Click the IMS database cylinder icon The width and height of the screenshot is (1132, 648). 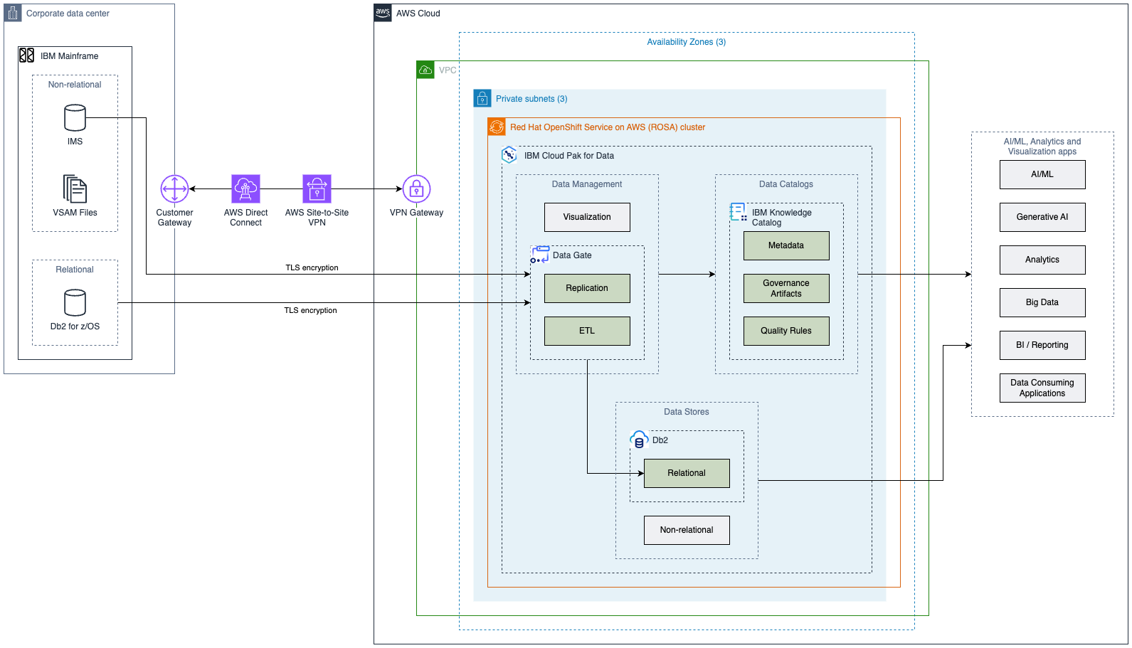(75, 118)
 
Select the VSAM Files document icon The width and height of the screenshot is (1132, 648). (75, 189)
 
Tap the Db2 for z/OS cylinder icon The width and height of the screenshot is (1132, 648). (75, 303)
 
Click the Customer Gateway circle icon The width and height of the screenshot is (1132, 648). (174, 189)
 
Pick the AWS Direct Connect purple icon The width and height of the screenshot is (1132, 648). (245, 189)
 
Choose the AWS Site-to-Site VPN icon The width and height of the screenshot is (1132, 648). (317, 189)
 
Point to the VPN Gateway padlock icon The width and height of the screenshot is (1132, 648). (416, 189)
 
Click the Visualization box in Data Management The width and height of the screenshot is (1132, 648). (587, 217)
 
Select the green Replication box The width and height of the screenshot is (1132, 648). (587, 288)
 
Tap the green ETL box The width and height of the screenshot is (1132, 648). (587, 331)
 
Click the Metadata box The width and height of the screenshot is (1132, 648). (786, 245)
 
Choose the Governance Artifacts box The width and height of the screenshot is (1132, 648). (786, 288)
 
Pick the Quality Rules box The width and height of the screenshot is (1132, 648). (786, 331)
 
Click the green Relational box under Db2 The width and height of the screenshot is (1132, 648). (687, 473)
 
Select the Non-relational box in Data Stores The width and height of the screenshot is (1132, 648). (687, 530)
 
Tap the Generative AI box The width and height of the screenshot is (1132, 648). (1042, 217)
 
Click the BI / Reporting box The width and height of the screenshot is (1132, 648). (1042, 345)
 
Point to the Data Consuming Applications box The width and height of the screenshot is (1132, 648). (1042, 388)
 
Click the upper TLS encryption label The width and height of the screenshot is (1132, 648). (312, 268)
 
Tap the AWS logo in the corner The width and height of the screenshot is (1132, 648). (383, 13)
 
